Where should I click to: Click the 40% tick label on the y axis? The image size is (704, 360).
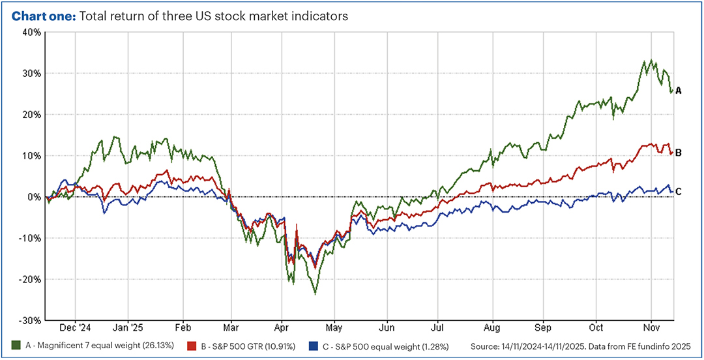point(32,31)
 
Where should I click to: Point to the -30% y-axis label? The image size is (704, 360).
point(31,320)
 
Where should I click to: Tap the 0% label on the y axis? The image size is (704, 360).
point(35,196)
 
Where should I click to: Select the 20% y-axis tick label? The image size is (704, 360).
point(32,114)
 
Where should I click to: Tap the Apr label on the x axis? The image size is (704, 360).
point(281,329)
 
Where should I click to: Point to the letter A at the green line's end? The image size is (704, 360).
point(678,91)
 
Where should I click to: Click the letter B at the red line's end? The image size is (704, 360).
point(678,153)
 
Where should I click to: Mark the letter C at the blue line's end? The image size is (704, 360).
point(678,191)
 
